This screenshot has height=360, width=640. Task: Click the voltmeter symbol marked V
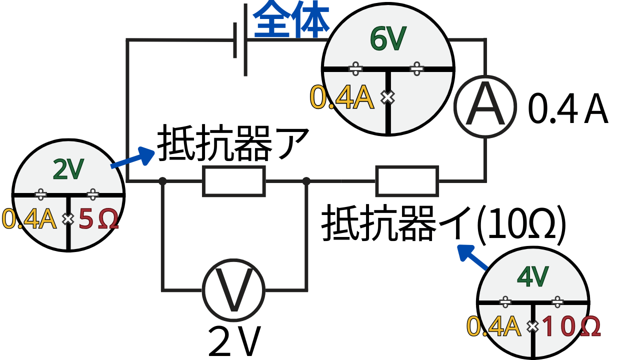[233, 290]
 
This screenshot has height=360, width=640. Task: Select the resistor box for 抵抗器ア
[233, 181]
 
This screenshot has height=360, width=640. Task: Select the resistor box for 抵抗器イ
[407, 181]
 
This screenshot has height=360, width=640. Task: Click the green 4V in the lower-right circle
[533, 276]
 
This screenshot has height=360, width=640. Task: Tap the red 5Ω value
[98, 219]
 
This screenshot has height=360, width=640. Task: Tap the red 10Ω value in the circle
[570, 327]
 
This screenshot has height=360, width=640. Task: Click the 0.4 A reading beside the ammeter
[568, 111]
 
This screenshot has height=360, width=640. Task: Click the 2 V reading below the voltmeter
[234, 342]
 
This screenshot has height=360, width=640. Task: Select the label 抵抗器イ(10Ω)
[443, 224]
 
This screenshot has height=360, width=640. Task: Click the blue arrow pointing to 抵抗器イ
[472, 257]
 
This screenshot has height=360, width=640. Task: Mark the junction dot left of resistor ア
[162, 181]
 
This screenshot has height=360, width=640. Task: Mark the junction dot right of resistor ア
[306, 181]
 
